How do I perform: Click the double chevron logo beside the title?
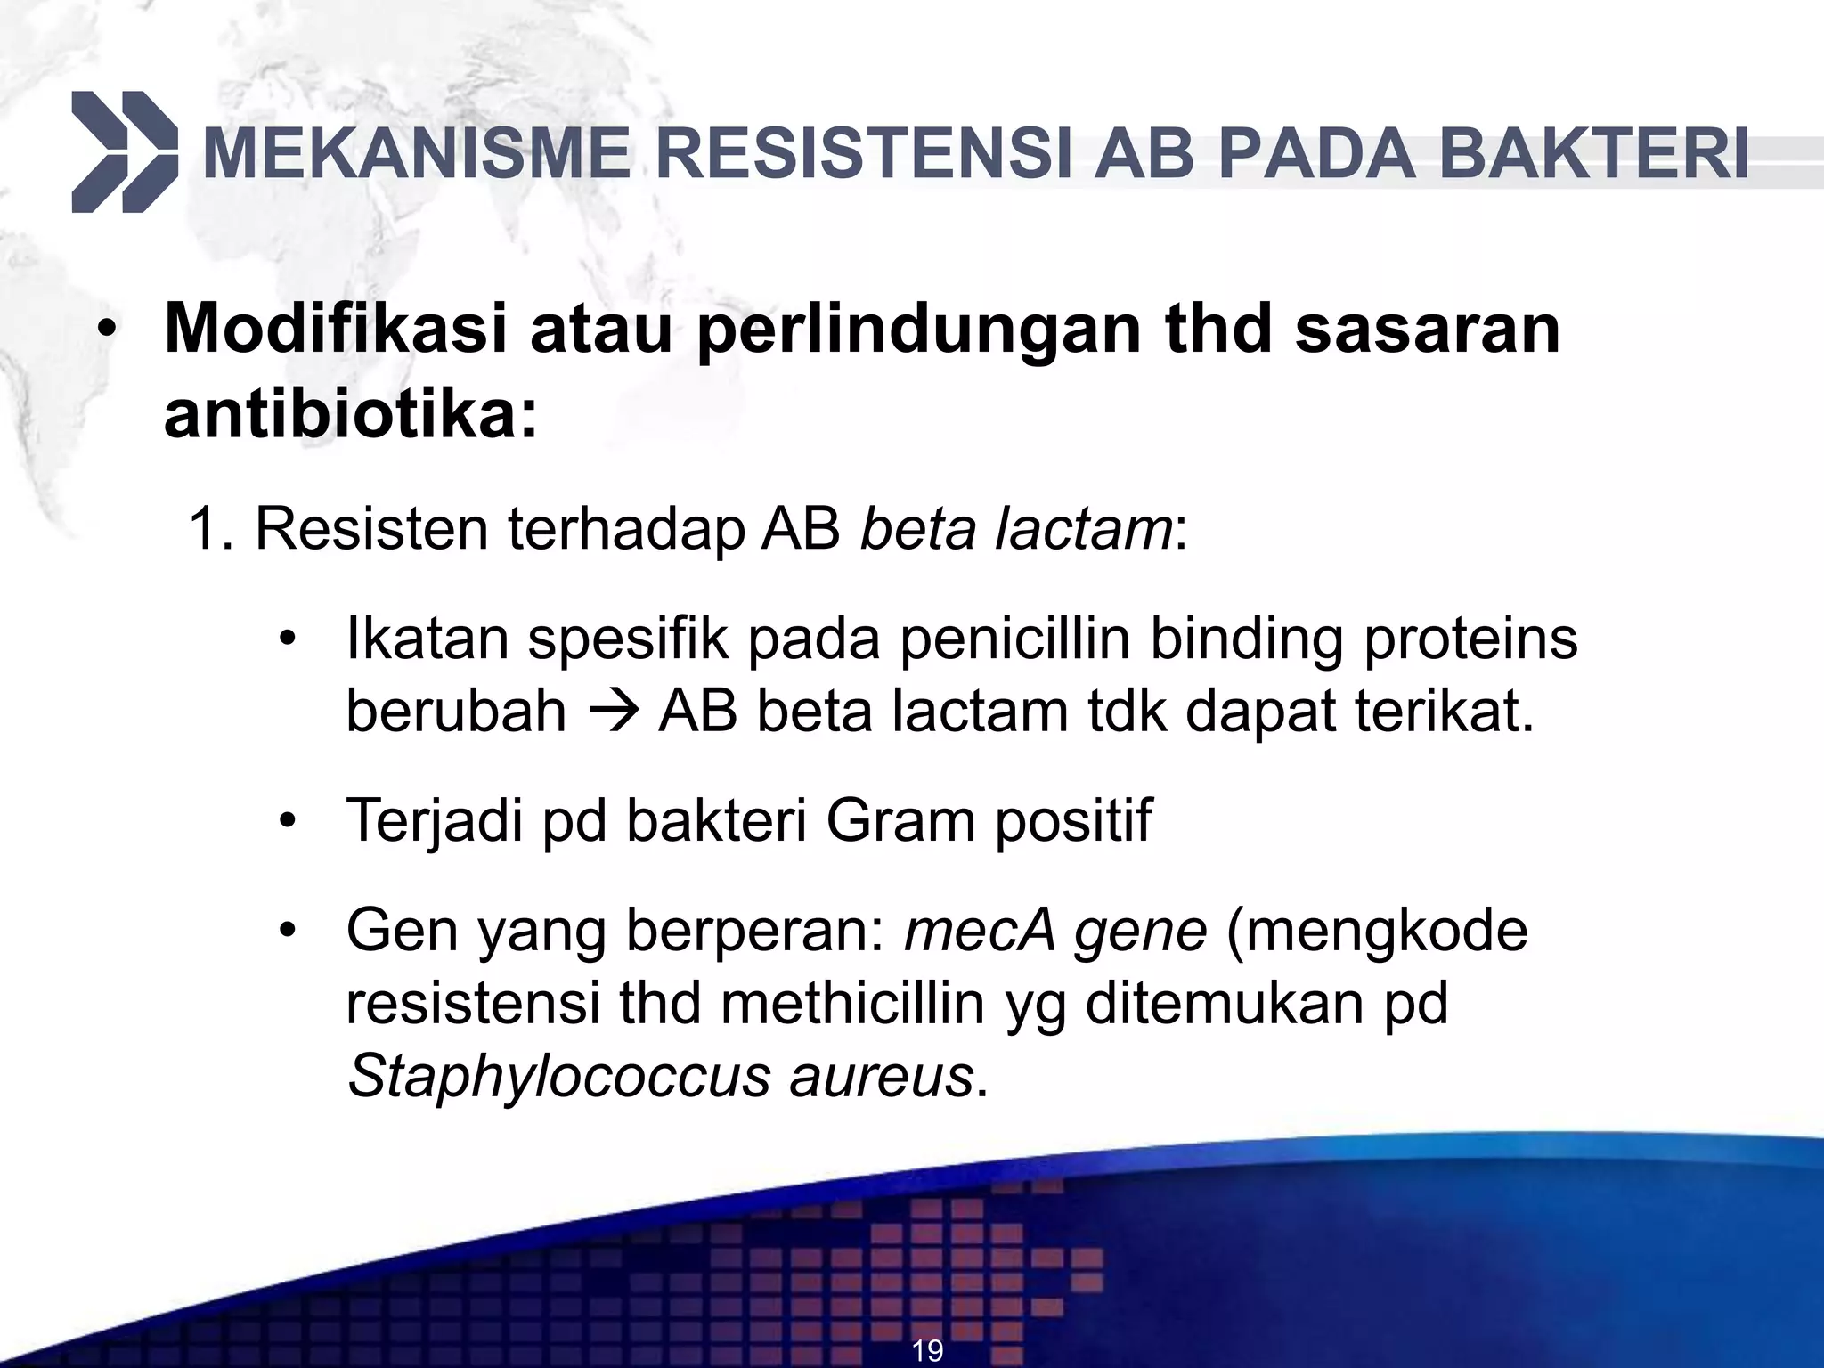coord(125,152)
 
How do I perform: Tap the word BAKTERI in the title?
coord(1593,155)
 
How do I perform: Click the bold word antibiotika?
coord(352,415)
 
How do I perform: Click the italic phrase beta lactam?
coord(1016,529)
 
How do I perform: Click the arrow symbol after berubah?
coord(612,712)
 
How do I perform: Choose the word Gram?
coord(900,820)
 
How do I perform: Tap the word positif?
coord(1073,820)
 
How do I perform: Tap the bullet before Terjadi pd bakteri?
coord(286,820)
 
